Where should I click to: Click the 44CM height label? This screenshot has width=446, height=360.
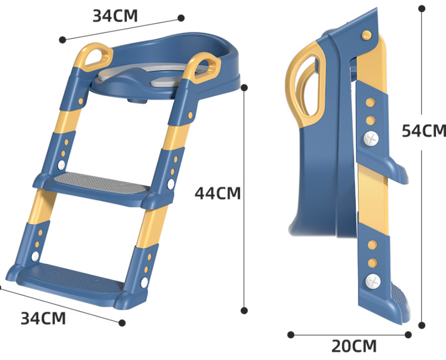click(217, 193)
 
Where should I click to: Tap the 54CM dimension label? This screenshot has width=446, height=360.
click(424, 131)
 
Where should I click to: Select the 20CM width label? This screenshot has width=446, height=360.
click(354, 346)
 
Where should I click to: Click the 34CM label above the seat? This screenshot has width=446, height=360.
click(115, 15)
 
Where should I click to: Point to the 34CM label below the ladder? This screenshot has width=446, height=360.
click(43, 318)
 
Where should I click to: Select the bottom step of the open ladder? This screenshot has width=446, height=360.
click(71, 282)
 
